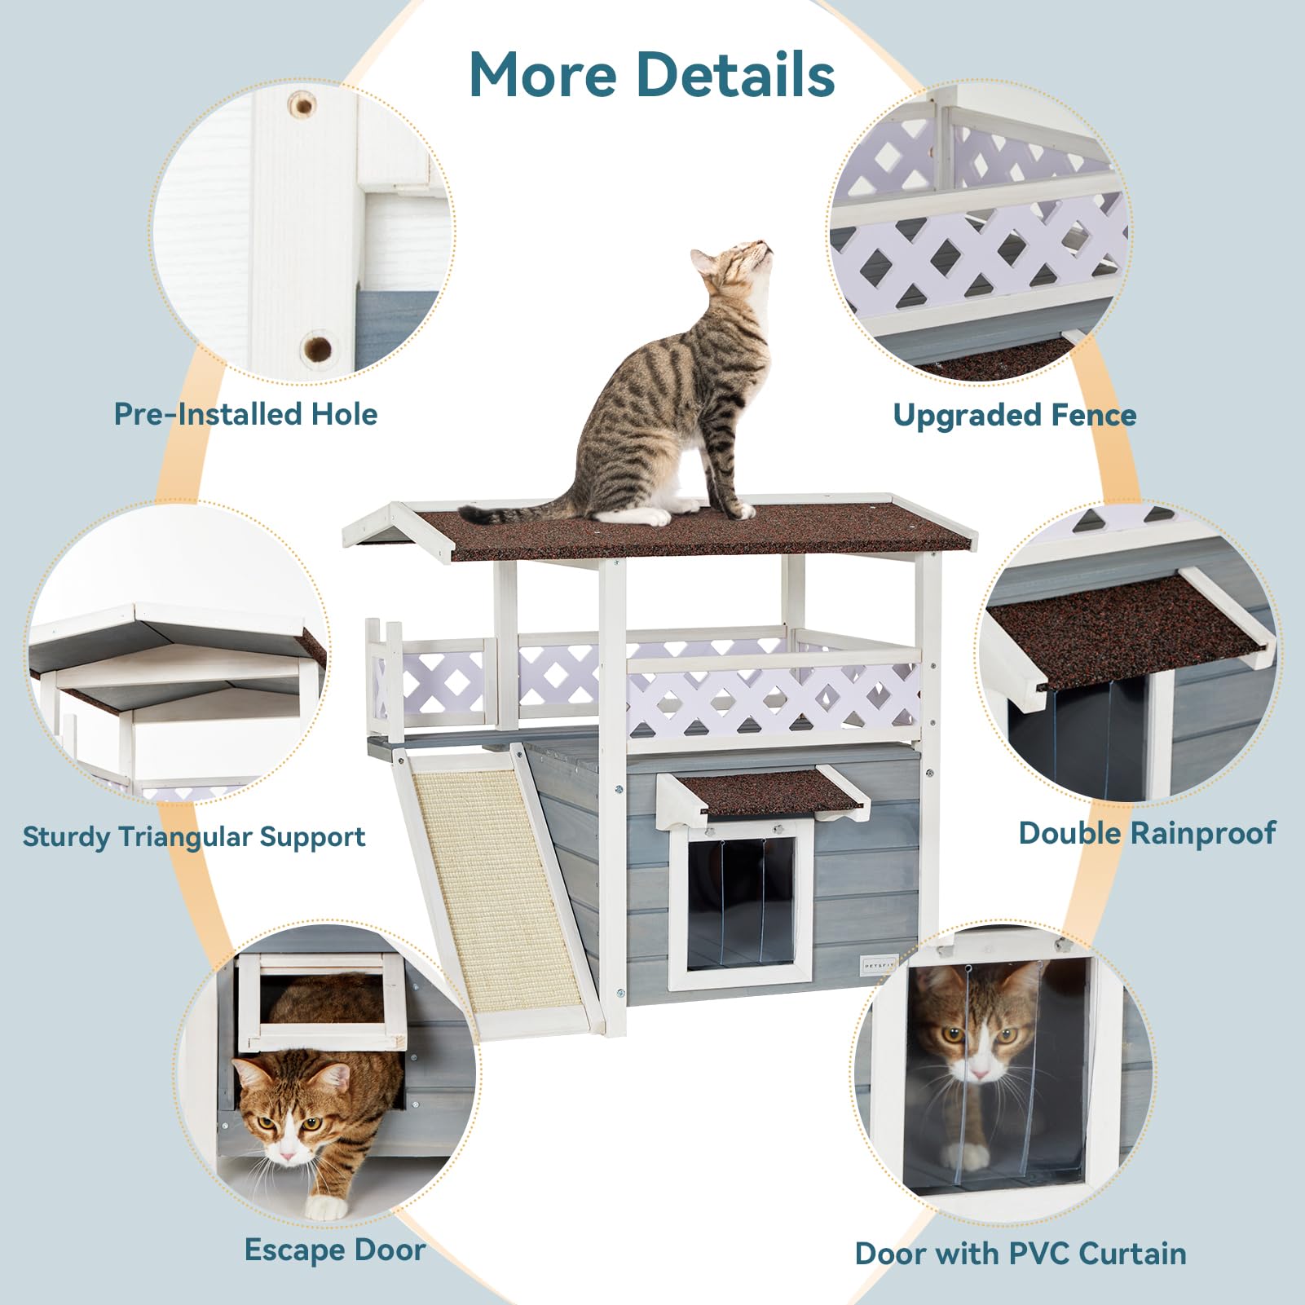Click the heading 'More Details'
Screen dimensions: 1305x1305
point(652,74)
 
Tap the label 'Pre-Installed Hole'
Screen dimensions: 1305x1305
point(245,414)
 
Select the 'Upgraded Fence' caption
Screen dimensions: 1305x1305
point(1014,415)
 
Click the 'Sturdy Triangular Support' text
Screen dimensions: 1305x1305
point(194,837)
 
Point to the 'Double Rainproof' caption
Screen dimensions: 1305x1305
point(1147,833)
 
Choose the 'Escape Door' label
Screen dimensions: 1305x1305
point(335,1250)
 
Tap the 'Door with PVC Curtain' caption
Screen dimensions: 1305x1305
point(1021,1253)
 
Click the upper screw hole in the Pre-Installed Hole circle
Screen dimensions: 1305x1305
point(302,104)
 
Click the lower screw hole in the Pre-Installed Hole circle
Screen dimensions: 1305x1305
point(317,348)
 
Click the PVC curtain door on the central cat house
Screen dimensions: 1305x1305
point(740,901)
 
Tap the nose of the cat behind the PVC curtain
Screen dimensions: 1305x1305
point(978,1074)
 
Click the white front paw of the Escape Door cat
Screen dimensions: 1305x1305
point(326,1206)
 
